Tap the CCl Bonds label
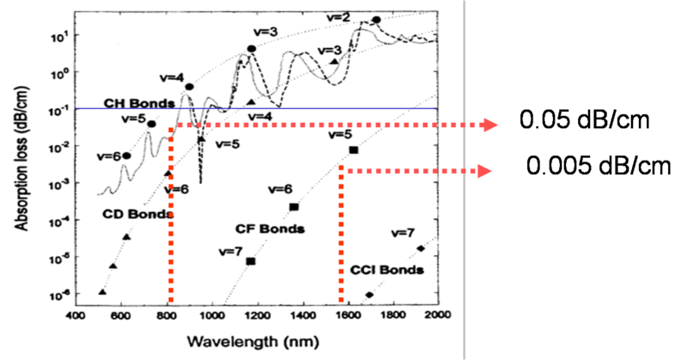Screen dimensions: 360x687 tap(387, 270)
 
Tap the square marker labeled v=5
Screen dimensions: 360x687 tap(353, 150)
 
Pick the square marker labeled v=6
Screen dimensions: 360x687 tap(294, 207)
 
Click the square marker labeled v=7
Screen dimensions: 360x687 tap(251, 260)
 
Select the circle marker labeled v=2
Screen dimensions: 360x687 tap(375, 20)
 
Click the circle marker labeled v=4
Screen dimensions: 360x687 tap(189, 87)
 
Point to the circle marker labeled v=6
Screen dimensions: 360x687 tap(127, 156)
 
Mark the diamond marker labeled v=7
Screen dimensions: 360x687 tap(420, 248)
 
